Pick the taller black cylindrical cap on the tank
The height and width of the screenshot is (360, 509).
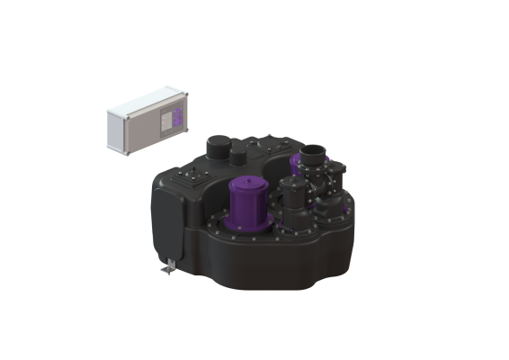point(218,147)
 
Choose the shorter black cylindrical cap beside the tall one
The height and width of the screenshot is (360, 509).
point(237,157)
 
